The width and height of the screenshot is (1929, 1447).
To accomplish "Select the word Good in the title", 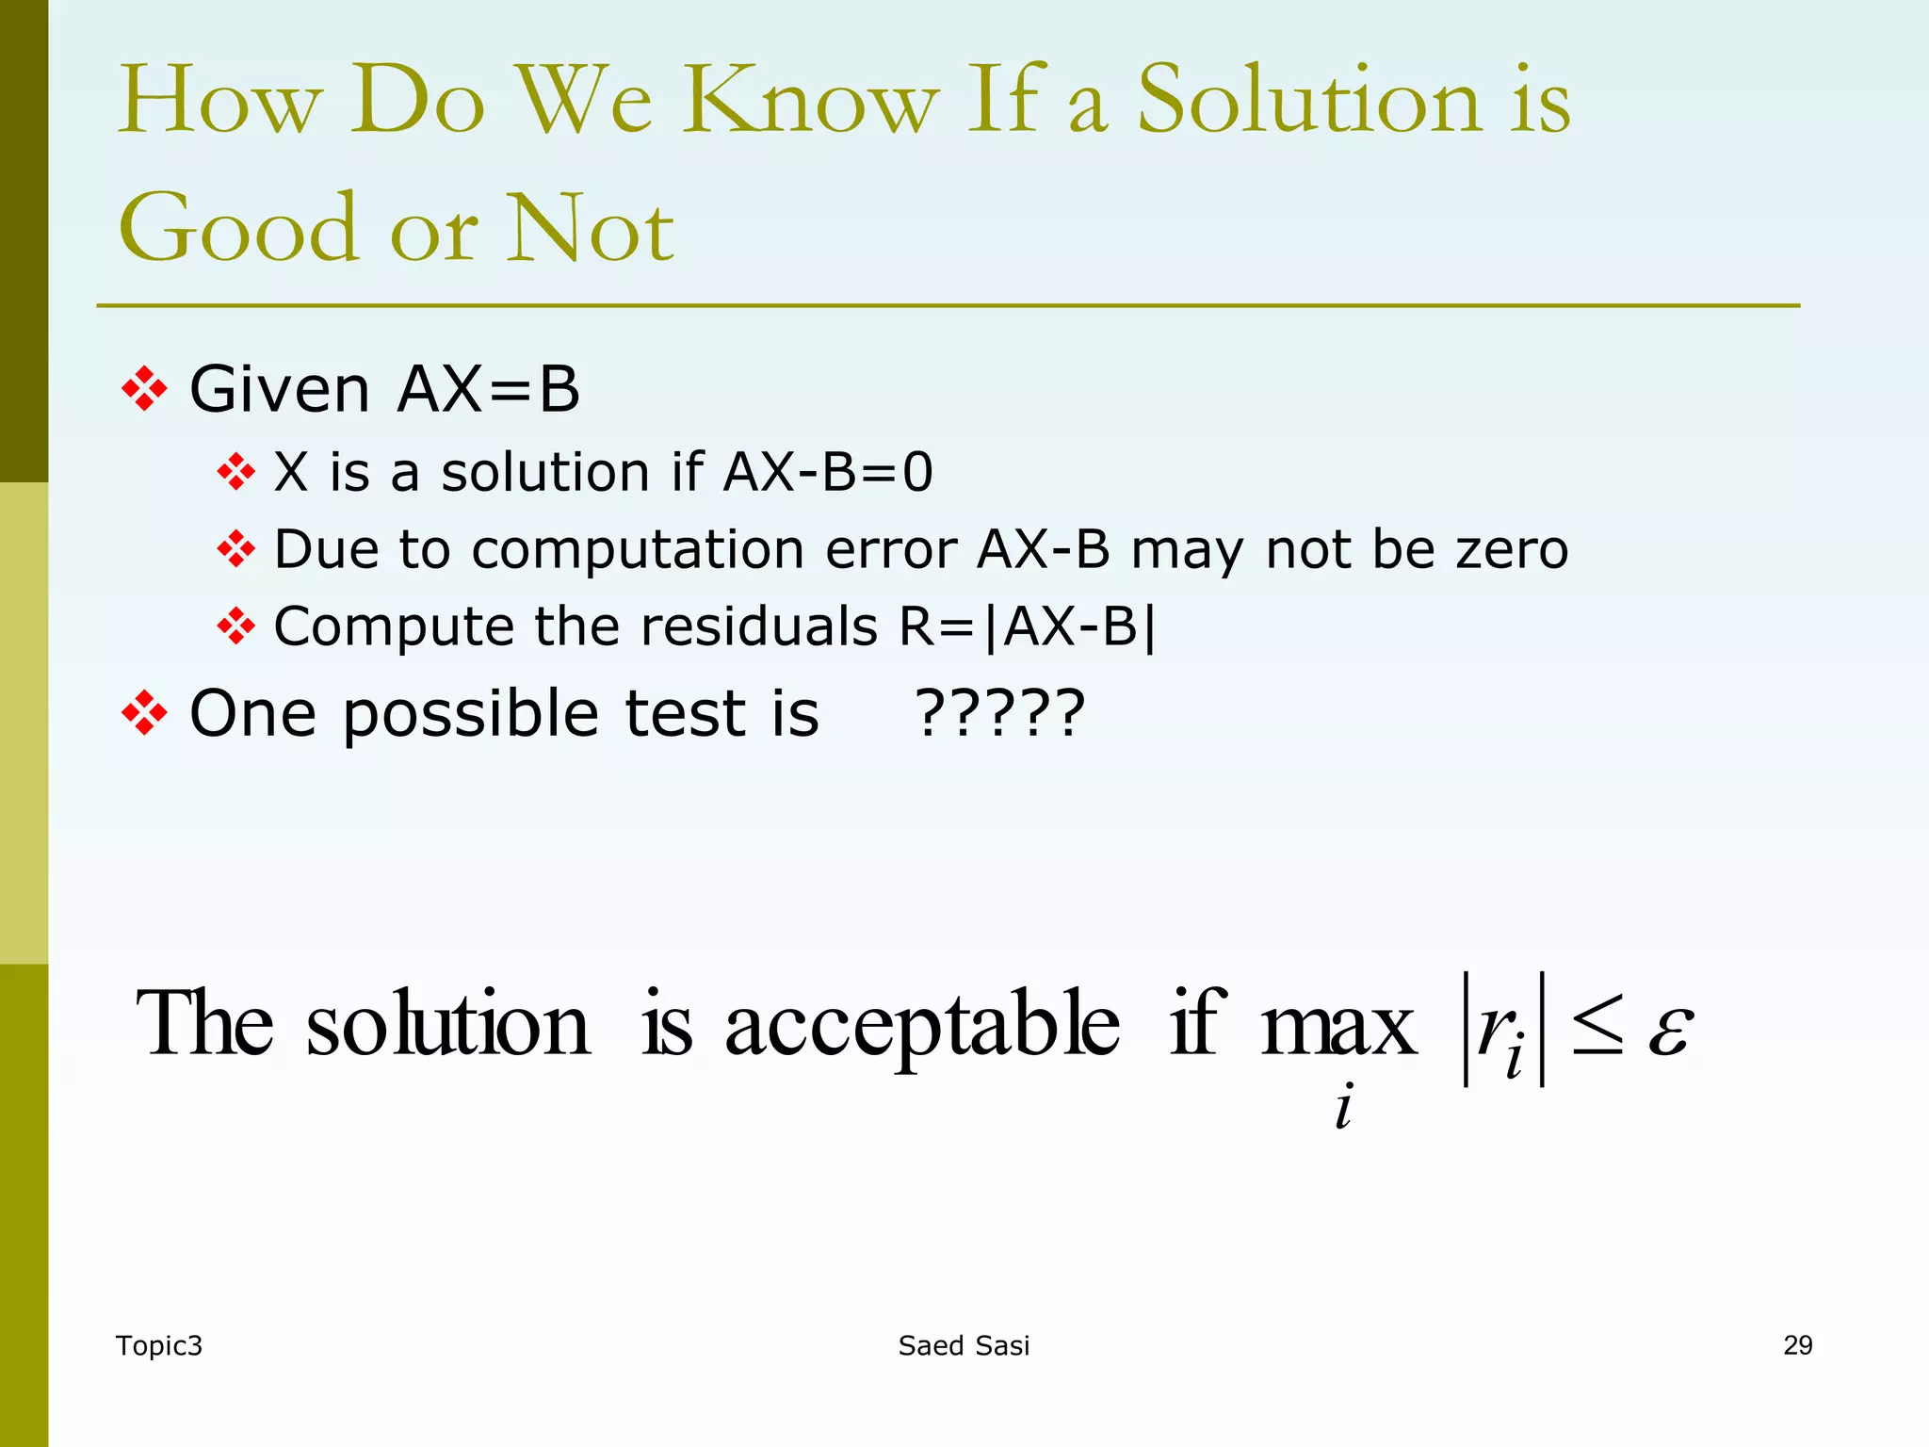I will pos(239,228).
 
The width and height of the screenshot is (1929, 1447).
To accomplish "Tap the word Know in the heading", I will pos(810,102).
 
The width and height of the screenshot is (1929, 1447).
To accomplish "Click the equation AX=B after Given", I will pos(488,389).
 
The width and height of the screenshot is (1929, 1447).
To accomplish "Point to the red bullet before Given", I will pos(144,389).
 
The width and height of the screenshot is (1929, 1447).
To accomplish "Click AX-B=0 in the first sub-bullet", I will pos(828,472).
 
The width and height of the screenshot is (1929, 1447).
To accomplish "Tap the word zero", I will pos(1512,549).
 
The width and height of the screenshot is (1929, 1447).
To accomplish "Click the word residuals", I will pos(763,626).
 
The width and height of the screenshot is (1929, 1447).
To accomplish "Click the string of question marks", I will pos(1000,713).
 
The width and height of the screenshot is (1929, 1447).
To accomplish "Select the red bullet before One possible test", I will pos(144,713).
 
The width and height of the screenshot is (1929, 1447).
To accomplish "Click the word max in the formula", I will pos(1337,1025).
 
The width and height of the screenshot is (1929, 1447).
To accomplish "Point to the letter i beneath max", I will pos(1343,1106).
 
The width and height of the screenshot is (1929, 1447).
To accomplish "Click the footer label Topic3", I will pos(158,1346).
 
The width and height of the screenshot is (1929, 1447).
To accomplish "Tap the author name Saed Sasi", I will pos(964,1346).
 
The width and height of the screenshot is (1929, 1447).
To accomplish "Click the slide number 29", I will pos(1797,1345).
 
